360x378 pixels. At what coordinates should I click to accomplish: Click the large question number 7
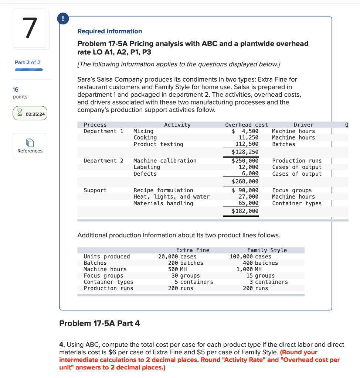click(30, 28)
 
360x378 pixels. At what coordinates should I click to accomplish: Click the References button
click(30, 146)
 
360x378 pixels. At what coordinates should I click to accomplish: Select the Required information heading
click(109, 31)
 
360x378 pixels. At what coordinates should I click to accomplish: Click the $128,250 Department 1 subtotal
click(245, 152)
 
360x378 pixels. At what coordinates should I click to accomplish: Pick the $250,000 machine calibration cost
click(245, 161)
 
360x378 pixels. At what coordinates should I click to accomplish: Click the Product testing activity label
click(158, 144)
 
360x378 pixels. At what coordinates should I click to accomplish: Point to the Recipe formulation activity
click(163, 190)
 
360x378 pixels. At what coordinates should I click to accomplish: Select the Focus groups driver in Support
click(292, 190)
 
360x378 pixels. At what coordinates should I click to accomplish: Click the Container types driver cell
click(297, 203)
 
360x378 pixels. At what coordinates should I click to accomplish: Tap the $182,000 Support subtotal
click(245, 211)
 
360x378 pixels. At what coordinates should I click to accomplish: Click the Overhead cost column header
click(247, 125)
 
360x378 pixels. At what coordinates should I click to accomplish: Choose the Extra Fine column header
click(193, 250)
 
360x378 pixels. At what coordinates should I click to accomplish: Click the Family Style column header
click(267, 250)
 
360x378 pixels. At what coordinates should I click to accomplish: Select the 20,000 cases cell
click(177, 257)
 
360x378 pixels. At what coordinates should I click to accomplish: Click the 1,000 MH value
click(249, 269)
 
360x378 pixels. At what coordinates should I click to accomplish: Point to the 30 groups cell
click(186, 275)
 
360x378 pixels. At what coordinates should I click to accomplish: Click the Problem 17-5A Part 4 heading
click(99, 323)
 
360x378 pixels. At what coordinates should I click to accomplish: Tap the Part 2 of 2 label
click(27, 62)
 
